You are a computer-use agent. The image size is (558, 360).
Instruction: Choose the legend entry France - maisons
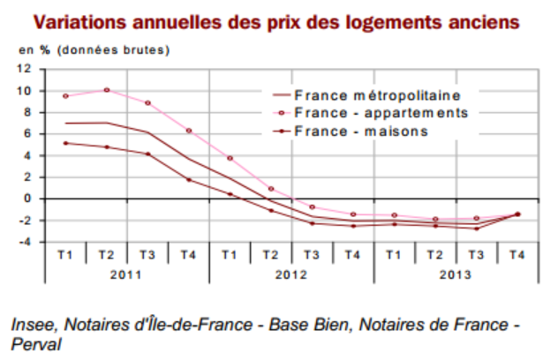coord(361,131)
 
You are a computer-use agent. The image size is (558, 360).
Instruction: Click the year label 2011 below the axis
coord(126,274)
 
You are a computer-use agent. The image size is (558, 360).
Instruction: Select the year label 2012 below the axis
coord(291,274)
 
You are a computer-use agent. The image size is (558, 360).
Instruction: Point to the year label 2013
coord(456,274)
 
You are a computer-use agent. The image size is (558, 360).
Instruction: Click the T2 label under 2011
coord(106,255)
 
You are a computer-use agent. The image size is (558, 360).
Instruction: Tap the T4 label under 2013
coord(517,255)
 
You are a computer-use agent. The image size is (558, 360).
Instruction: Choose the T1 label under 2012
coord(230,255)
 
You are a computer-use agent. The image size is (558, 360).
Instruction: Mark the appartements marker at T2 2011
coord(106,90)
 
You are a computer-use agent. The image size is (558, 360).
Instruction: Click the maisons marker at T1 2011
coord(65,143)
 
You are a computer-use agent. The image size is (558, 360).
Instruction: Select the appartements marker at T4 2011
coord(188,131)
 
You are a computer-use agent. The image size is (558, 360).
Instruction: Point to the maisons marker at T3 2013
coord(476,229)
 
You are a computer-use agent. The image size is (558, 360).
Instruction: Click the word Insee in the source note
coord(32,324)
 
